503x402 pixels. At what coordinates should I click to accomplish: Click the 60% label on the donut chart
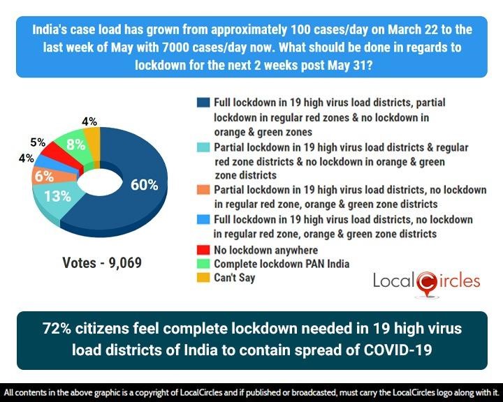144,185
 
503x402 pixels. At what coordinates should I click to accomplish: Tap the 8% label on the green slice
75,145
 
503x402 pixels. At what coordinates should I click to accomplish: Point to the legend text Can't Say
235,278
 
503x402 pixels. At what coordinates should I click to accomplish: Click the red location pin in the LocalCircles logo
424,282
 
